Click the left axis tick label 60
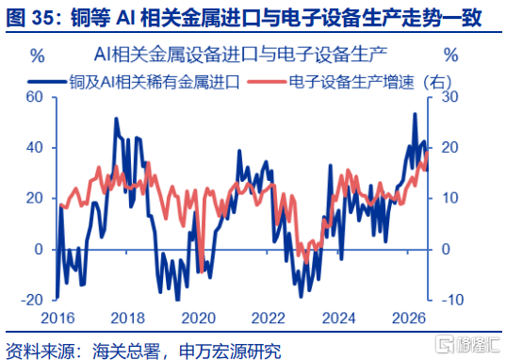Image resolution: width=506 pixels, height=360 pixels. point(35,97)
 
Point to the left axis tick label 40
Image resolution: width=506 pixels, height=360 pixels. point(35,148)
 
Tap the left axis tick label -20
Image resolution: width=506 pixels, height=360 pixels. point(32,300)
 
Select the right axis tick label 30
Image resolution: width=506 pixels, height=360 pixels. point(449,97)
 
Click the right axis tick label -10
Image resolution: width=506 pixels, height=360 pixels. point(451,300)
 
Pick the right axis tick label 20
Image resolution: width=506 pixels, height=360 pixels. point(449,148)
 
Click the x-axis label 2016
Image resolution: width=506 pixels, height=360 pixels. point(57,319)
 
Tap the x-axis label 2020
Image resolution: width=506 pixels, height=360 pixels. point(198,319)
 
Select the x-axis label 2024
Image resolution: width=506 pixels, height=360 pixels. point(339,319)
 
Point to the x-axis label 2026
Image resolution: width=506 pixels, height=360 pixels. point(409,319)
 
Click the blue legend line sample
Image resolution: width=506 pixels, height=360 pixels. point(46,81)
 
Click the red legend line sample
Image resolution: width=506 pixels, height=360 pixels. point(267,81)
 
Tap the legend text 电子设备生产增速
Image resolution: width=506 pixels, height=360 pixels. point(351,82)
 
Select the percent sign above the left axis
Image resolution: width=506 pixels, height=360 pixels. point(38,56)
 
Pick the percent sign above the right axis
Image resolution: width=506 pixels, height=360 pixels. point(451,55)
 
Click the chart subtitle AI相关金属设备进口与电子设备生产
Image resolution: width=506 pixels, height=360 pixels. point(240,55)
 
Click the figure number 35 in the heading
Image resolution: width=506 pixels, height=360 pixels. point(42,18)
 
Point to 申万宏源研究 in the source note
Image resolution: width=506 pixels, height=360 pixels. point(230,351)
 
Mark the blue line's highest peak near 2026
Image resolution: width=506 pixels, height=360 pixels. point(415,114)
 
